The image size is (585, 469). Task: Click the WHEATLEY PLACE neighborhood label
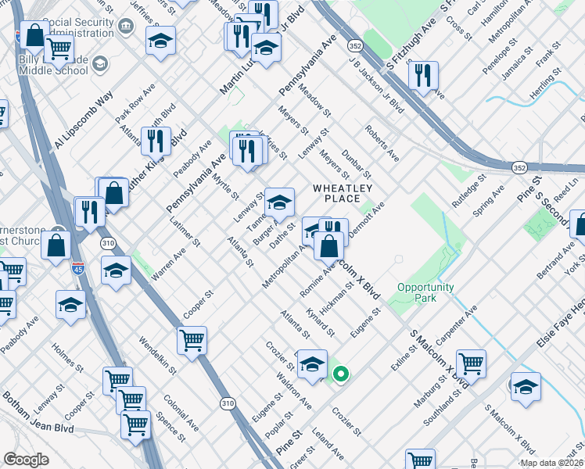click(x=341, y=193)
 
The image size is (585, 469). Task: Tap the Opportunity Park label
click(x=425, y=292)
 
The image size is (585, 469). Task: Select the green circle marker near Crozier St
click(x=340, y=374)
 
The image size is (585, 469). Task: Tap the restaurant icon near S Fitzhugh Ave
click(x=422, y=76)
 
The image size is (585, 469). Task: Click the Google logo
click(x=26, y=460)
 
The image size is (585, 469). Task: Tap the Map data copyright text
click(x=551, y=463)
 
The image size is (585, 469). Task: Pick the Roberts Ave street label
click(x=381, y=142)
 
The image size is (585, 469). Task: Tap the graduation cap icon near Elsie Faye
click(x=526, y=386)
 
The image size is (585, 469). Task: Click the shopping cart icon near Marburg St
click(x=471, y=363)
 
